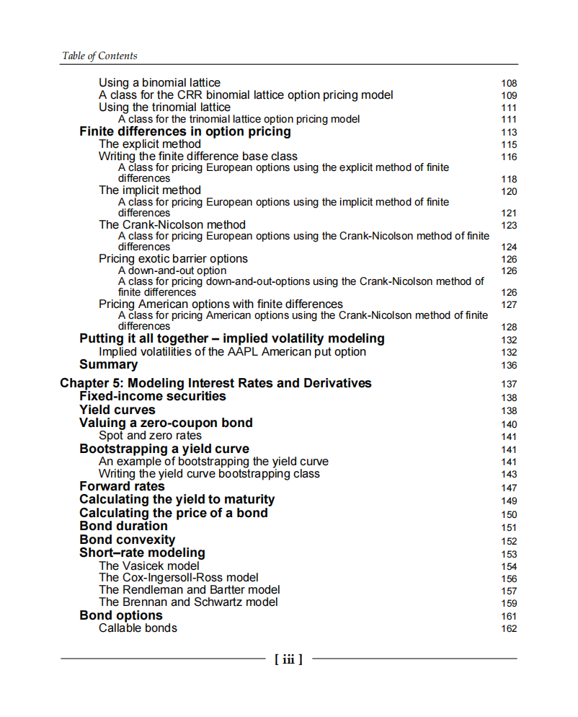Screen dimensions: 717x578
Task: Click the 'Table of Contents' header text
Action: tap(99, 56)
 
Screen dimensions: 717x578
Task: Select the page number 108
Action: tap(509, 84)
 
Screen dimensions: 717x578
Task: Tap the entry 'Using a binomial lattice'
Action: tap(159, 83)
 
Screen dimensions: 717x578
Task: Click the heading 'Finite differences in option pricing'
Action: tap(185, 131)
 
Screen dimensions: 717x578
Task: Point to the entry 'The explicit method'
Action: tap(150, 144)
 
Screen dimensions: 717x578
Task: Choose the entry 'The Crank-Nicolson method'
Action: tap(172, 224)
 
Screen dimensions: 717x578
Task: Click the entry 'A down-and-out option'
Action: tap(172, 270)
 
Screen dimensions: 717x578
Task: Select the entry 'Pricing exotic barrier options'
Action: tap(173, 258)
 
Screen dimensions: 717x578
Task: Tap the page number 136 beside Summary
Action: tap(509, 365)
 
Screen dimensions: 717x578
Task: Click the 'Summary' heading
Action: tap(108, 364)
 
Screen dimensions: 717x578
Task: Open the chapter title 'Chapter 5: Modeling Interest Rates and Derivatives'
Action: tap(215, 383)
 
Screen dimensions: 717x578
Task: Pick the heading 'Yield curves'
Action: tap(117, 410)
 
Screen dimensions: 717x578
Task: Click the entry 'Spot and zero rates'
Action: tap(150, 436)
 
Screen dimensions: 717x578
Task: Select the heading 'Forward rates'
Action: tap(122, 486)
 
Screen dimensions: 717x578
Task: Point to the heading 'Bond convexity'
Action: tap(127, 540)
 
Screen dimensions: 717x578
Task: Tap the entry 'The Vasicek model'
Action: tap(149, 566)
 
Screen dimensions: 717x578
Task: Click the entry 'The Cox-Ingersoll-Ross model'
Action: tap(178, 578)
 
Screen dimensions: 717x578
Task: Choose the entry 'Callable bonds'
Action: tap(138, 628)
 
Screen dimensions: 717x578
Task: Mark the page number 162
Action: tap(509, 629)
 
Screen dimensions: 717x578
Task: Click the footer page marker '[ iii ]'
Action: tap(288, 659)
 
